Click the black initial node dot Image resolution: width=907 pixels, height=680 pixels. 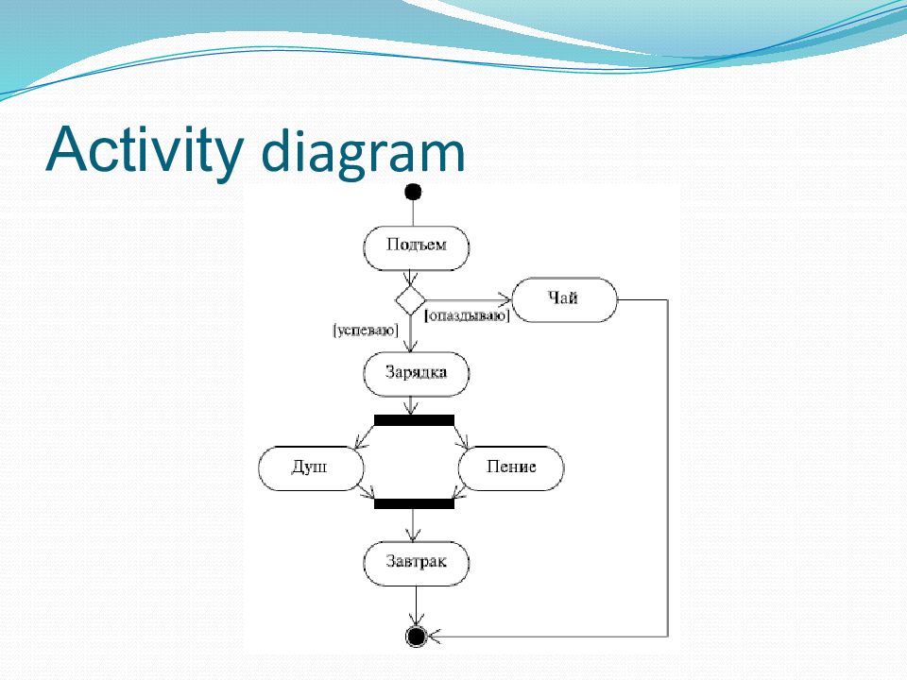coord(413,192)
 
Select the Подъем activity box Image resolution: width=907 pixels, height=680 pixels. coord(417,248)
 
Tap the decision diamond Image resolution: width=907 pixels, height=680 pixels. coord(410,300)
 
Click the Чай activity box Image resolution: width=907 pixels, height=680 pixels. coord(565,299)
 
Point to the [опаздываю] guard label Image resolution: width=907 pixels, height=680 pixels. coord(467,316)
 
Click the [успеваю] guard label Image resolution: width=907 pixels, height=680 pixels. coord(366,331)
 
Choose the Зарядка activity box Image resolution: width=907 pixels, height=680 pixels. coord(417,374)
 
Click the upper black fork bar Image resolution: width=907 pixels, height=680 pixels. coord(414,420)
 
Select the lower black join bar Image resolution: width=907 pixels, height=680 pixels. coord(414,503)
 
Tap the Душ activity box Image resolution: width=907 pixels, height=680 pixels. coord(311,468)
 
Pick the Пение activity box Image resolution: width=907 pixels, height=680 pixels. coord(511,468)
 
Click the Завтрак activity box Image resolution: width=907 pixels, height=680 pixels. coord(417,564)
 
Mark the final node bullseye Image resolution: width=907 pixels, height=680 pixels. coord(416,637)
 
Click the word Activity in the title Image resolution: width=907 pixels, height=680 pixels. coord(144,150)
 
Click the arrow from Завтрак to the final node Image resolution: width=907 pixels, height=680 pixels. coord(416,606)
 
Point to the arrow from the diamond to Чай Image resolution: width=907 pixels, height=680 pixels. coord(469,299)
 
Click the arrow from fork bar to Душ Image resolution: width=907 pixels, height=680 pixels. coord(365,436)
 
